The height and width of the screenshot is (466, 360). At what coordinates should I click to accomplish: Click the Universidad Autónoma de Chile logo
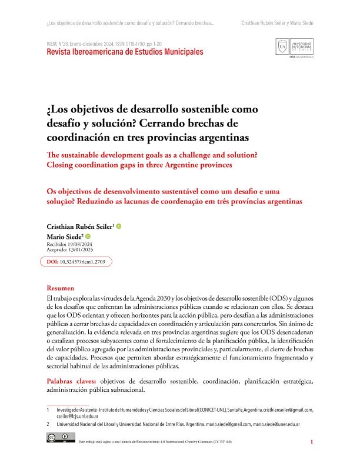(294, 48)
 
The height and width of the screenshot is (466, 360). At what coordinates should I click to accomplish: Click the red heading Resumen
(61, 288)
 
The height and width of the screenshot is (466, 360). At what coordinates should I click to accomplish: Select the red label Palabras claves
(72, 382)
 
